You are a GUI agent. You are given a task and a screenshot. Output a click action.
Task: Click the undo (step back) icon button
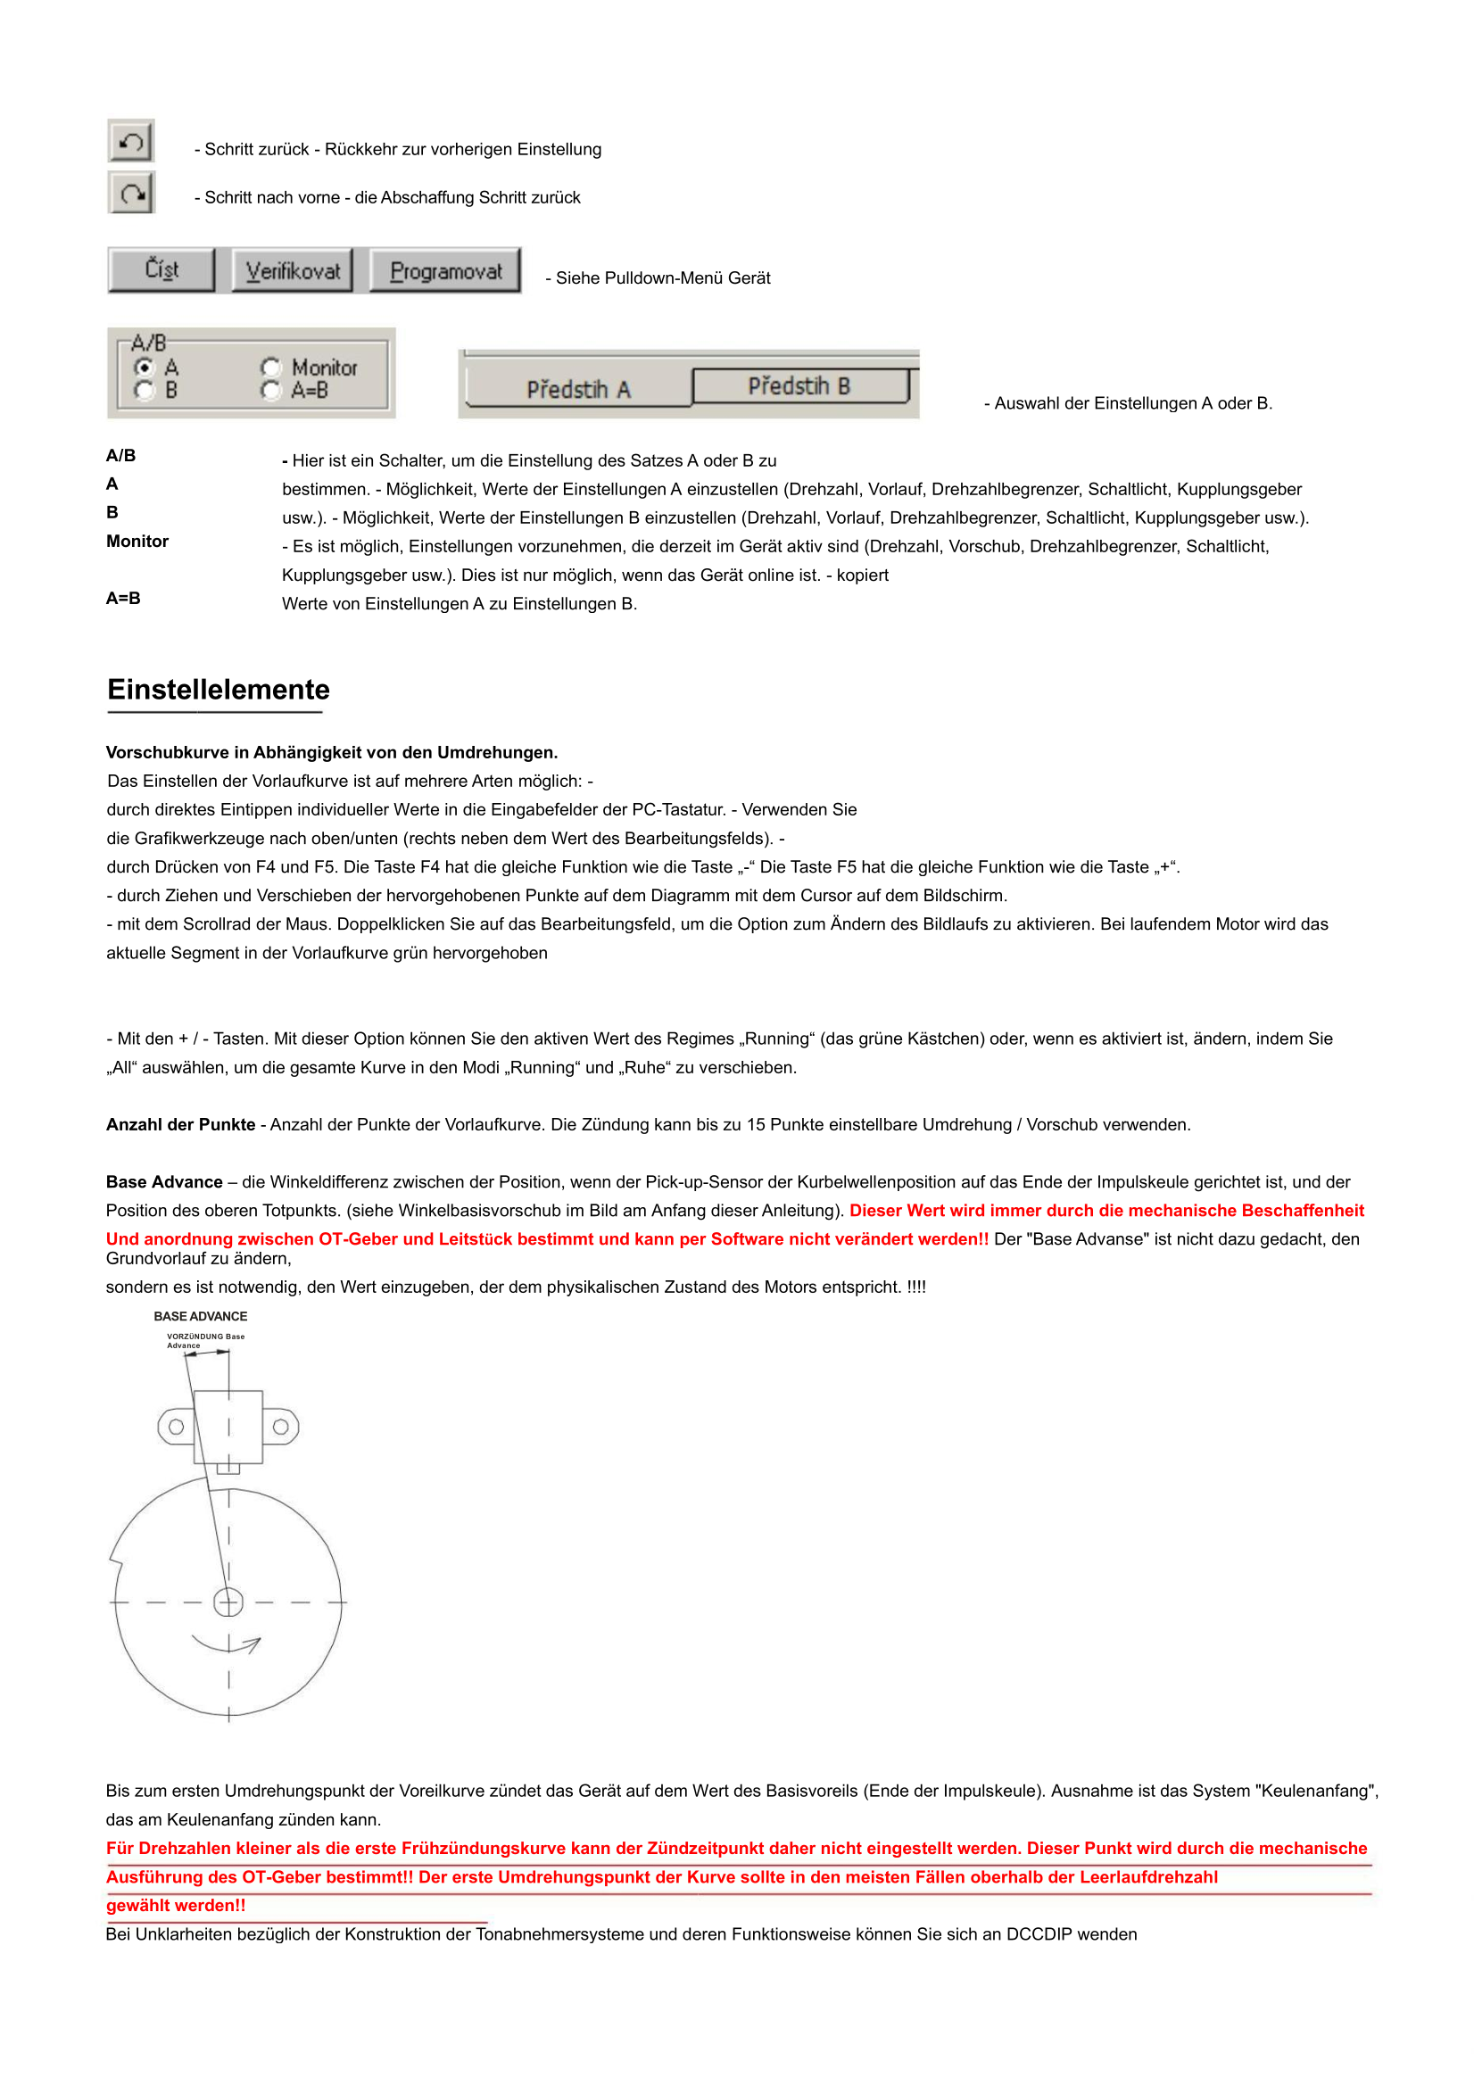coord(132,142)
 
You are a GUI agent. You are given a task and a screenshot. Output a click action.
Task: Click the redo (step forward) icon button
coord(132,193)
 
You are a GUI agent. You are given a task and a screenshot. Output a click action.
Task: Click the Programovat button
coord(445,270)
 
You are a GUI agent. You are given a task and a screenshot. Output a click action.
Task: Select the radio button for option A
coord(144,368)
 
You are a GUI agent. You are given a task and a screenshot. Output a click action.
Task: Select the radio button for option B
coord(144,390)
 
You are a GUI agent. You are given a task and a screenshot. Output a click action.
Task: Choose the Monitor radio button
coord(269,368)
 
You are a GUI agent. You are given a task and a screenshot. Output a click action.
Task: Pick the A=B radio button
coord(269,390)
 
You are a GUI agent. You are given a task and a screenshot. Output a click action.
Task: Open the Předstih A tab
coord(578,390)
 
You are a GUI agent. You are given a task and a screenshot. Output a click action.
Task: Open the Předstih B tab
coord(799,386)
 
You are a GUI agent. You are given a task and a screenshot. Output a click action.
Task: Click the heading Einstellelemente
coord(218,690)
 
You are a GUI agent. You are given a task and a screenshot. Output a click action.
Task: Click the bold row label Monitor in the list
coord(137,542)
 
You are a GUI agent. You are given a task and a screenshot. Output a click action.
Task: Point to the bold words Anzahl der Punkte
coord(181,1125)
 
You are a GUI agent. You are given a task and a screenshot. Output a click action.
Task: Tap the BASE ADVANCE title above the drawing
coord(200,1317)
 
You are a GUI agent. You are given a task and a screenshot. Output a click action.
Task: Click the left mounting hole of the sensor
coord(177,1428)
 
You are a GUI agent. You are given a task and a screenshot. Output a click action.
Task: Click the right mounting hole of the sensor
coord(281,1428)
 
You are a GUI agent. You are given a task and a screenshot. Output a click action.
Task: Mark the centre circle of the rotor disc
coord(228,1602)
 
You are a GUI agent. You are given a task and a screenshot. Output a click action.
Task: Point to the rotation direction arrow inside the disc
coord(228,1645)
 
